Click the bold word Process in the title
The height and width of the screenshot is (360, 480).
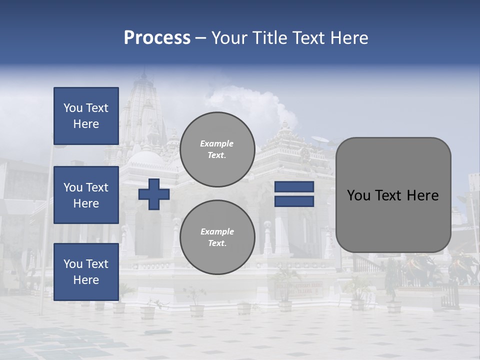(157, 38)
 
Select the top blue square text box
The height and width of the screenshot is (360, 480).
(86, 116)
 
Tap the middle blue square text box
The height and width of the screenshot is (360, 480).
(86, 195)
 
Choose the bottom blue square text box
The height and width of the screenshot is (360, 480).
(86, 272)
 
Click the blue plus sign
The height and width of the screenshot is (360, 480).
(154, 194)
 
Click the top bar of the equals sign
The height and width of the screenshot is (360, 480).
(294, 187)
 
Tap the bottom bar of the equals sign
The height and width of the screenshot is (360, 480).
(294, 201)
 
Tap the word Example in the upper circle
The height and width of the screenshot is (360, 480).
(217, 143)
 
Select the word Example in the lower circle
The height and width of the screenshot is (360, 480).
(217, 231)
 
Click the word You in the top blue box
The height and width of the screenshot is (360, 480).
(73, 108)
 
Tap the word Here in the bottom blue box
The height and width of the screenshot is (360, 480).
(86, 280)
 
